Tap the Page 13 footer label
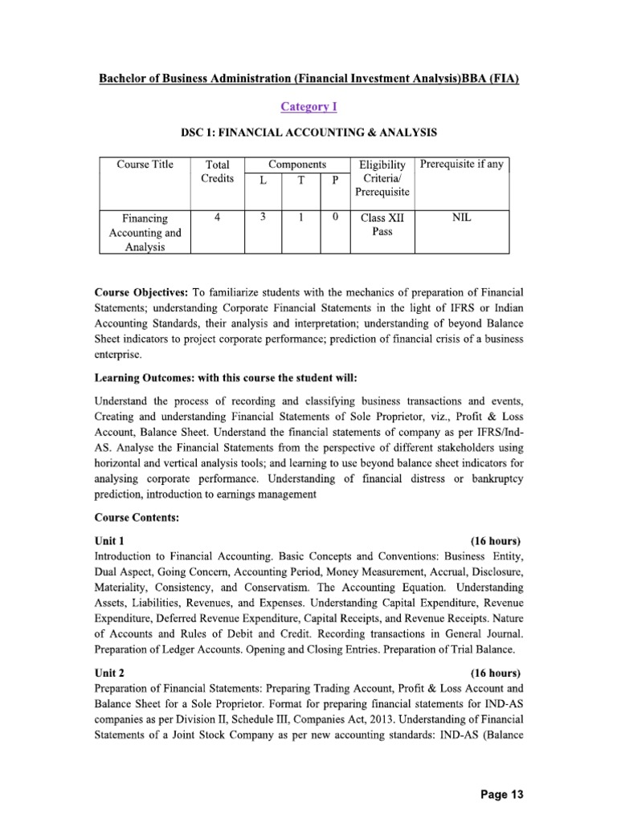click(x=501, y=795)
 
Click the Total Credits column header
click(x=218, y=171)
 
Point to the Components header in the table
click(x=296, y=164)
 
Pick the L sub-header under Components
click(x=263, y=181)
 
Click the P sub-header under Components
click(x=335, y=181)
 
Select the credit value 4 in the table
click(x=218, y=217)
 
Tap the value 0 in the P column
click(x=335, y=217)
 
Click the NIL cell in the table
click(x=462, y=217)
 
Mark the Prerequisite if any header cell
click(x=462, y=165)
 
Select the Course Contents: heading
click(x=137, y=518)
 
